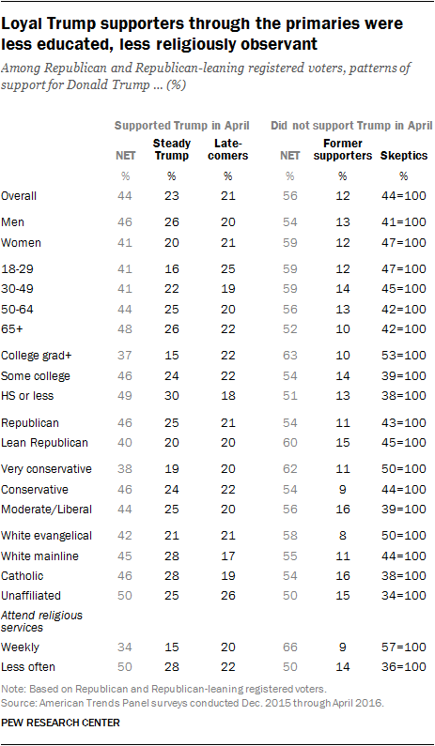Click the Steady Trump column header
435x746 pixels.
point(171,149)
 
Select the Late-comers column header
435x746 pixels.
point(228,149)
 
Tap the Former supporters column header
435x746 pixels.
point(342,149)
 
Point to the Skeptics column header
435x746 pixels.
point(404,156)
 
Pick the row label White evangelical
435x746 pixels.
point(46,536)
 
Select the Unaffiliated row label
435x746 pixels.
point(31,595)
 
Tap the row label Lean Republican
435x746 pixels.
point(45,443)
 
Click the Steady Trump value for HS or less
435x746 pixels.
point(171,396)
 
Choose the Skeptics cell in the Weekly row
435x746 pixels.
point(404,647)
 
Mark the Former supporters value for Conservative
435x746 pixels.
point(342,489)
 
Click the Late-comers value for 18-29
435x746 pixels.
point(228,269)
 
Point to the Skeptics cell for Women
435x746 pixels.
point(404,243)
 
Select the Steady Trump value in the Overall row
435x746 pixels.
point(171,196)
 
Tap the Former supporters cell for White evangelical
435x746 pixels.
point(342,536)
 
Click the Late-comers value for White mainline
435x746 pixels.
point(228,556)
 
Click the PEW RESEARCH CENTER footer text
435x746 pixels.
point(60,723)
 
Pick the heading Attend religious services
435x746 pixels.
point(42,621)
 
